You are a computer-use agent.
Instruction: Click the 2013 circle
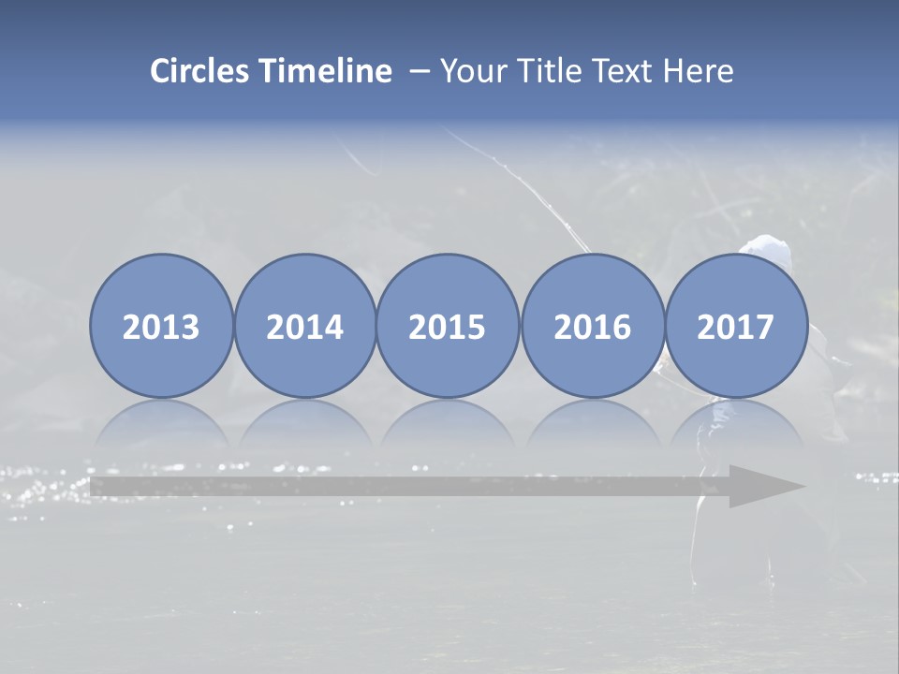[x=161, y=326]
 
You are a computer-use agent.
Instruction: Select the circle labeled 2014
[x=304, y=326]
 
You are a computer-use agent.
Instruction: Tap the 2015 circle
[x=448, y=326]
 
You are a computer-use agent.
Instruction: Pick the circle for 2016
[x=592, y=326]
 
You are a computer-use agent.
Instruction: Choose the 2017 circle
[x=735, y=326]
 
